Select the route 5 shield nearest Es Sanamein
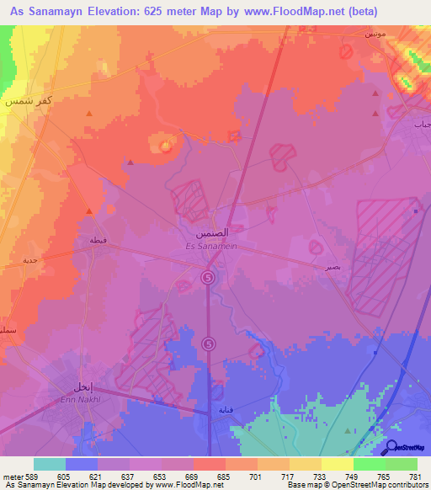(209, 277)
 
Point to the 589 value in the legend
(33, 476)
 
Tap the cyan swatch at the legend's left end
(49, 464)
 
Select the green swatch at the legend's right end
(402, 464)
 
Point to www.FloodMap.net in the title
(295, 12)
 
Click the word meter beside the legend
(13, 476)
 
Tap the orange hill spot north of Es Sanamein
(166, 146)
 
